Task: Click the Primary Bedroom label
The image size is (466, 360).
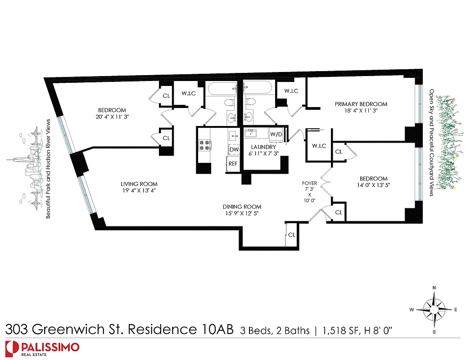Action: [361, 104]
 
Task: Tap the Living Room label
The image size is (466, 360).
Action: [139, 184]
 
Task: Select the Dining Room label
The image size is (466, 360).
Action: [242, 207]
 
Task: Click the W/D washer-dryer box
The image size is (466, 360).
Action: [276, 134]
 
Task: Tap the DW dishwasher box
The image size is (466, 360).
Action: [233, 149]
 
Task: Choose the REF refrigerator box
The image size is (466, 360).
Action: [233, 164]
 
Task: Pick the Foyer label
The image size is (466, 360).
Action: [310, 184]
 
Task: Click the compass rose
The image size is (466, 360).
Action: [434, 310]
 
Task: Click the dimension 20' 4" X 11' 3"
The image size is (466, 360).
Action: [112, 117]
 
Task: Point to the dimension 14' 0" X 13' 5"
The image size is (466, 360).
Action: [373, 185]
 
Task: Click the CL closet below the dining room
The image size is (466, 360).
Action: [292, 234]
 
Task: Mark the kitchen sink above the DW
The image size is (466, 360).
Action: [233, 135]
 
